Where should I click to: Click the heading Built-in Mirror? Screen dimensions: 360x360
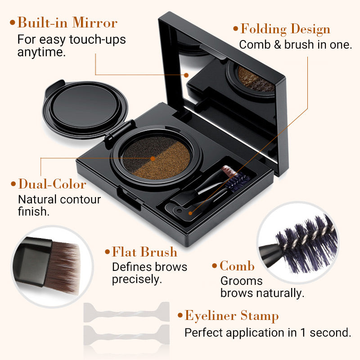tap(67, 22)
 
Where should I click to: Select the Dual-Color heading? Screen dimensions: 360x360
tap(52, 184)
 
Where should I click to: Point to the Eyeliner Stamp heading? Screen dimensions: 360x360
tap(231, 315)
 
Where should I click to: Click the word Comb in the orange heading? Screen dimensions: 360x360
tap(237, 266)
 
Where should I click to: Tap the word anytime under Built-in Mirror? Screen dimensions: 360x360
tap(41, 52)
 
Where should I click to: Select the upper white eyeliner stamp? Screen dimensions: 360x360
tap(126, 312)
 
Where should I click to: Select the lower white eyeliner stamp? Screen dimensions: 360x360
tap(126, 334)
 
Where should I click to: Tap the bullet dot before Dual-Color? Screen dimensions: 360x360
tap(13, 184)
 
